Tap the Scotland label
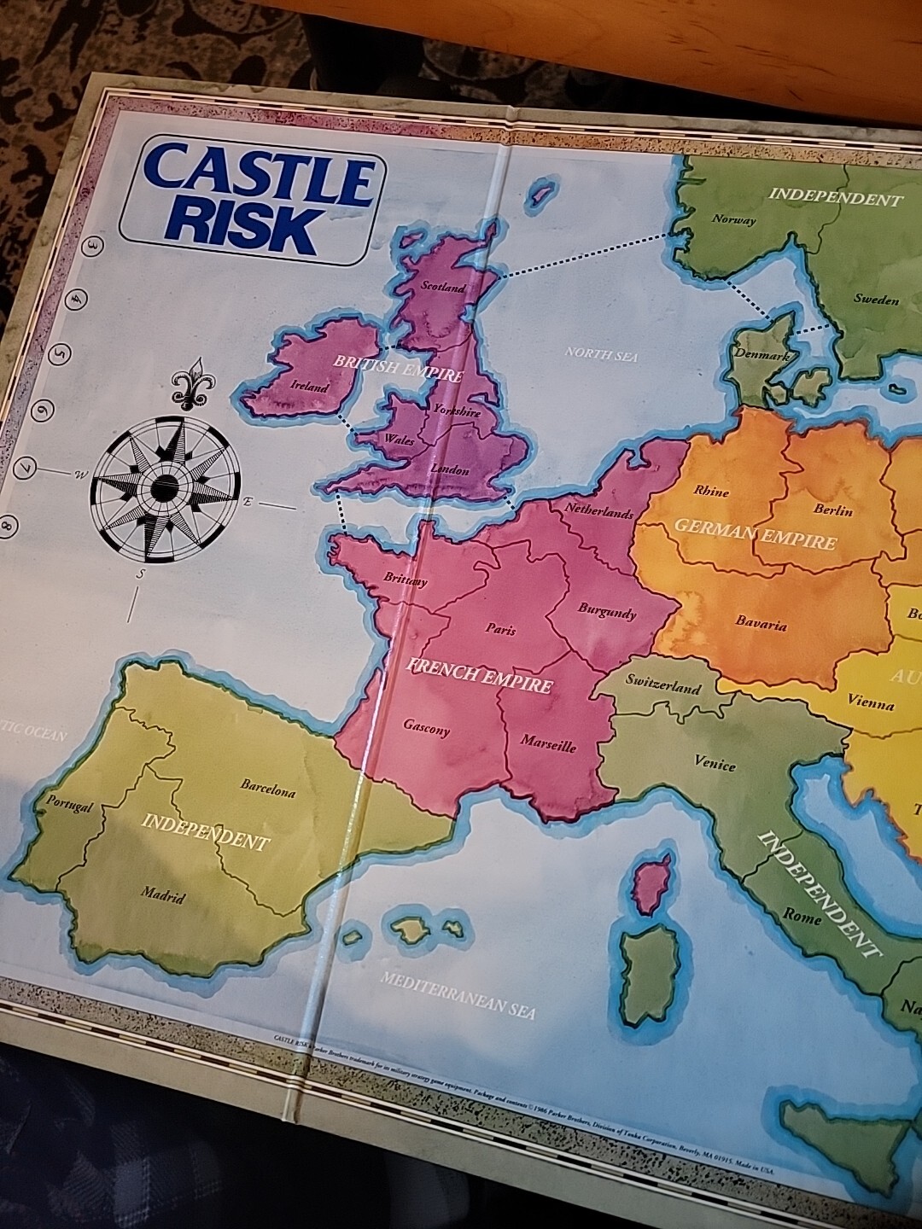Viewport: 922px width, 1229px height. pos(443,288)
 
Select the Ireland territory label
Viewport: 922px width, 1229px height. pos(309,387)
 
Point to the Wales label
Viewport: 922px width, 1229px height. pos(400,440)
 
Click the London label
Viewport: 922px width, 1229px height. pos(450,469)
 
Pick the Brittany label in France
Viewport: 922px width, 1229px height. pos(405,579)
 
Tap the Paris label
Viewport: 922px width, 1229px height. pos(501,630)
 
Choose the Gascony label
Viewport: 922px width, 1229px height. pos(426,728)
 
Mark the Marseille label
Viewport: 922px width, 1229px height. pos(548,744)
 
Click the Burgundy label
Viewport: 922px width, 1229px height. pos(607,611)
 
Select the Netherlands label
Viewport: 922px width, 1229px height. pos(599,512)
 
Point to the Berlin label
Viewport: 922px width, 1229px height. pos(833,510)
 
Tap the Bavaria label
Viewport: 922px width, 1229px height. pos(761,625)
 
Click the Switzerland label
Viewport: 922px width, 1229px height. pos(663,684)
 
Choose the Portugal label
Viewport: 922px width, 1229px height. pos(68,804)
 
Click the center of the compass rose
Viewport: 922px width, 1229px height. pos(164,487)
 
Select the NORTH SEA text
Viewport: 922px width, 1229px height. pos(601,353)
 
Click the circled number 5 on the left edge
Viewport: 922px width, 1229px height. pos(61,352)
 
